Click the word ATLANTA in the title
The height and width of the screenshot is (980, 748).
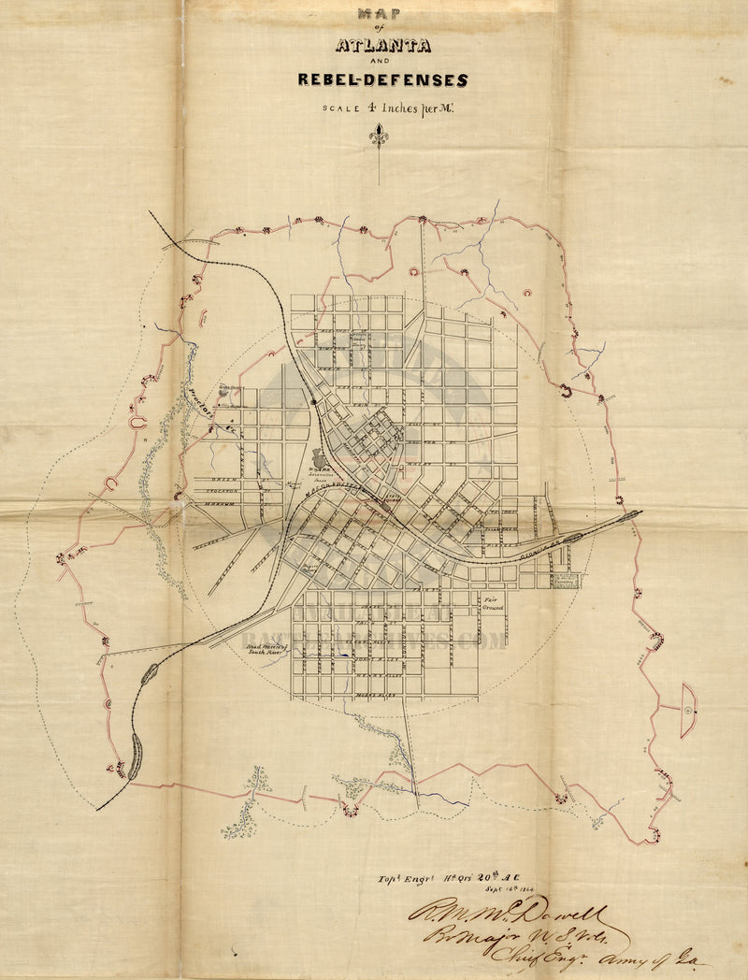click(382, 45)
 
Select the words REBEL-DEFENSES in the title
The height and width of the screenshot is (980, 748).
click(382, 79)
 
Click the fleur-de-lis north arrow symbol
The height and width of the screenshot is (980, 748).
click(378, 137)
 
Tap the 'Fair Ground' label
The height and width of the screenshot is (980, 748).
click(493, 603)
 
